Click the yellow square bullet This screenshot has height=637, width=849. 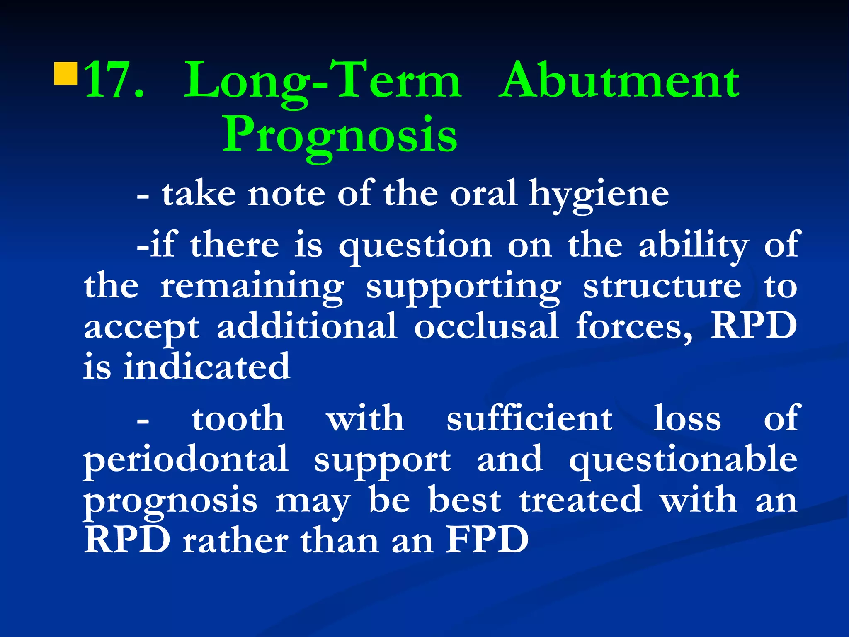click(x=66, y=73)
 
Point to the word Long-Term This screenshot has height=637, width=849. click(x=323, y=81)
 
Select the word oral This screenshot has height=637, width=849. click(x=483, y=193)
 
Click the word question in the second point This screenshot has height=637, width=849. click(x=415, y=246)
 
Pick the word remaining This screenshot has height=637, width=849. click(x=252, y=286)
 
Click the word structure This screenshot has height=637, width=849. click(x=662, y=286)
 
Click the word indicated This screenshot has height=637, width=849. click(x=206, y=367)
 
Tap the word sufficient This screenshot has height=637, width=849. click(x=529, y=419)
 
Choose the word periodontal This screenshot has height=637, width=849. click(x=186, y=460)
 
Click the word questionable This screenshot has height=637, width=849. click(x=683, y=460)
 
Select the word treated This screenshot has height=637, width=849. click(x=581, y=500)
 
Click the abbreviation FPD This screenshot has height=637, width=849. click(x=487, y=540)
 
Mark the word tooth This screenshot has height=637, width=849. click(x=238, y=419)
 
